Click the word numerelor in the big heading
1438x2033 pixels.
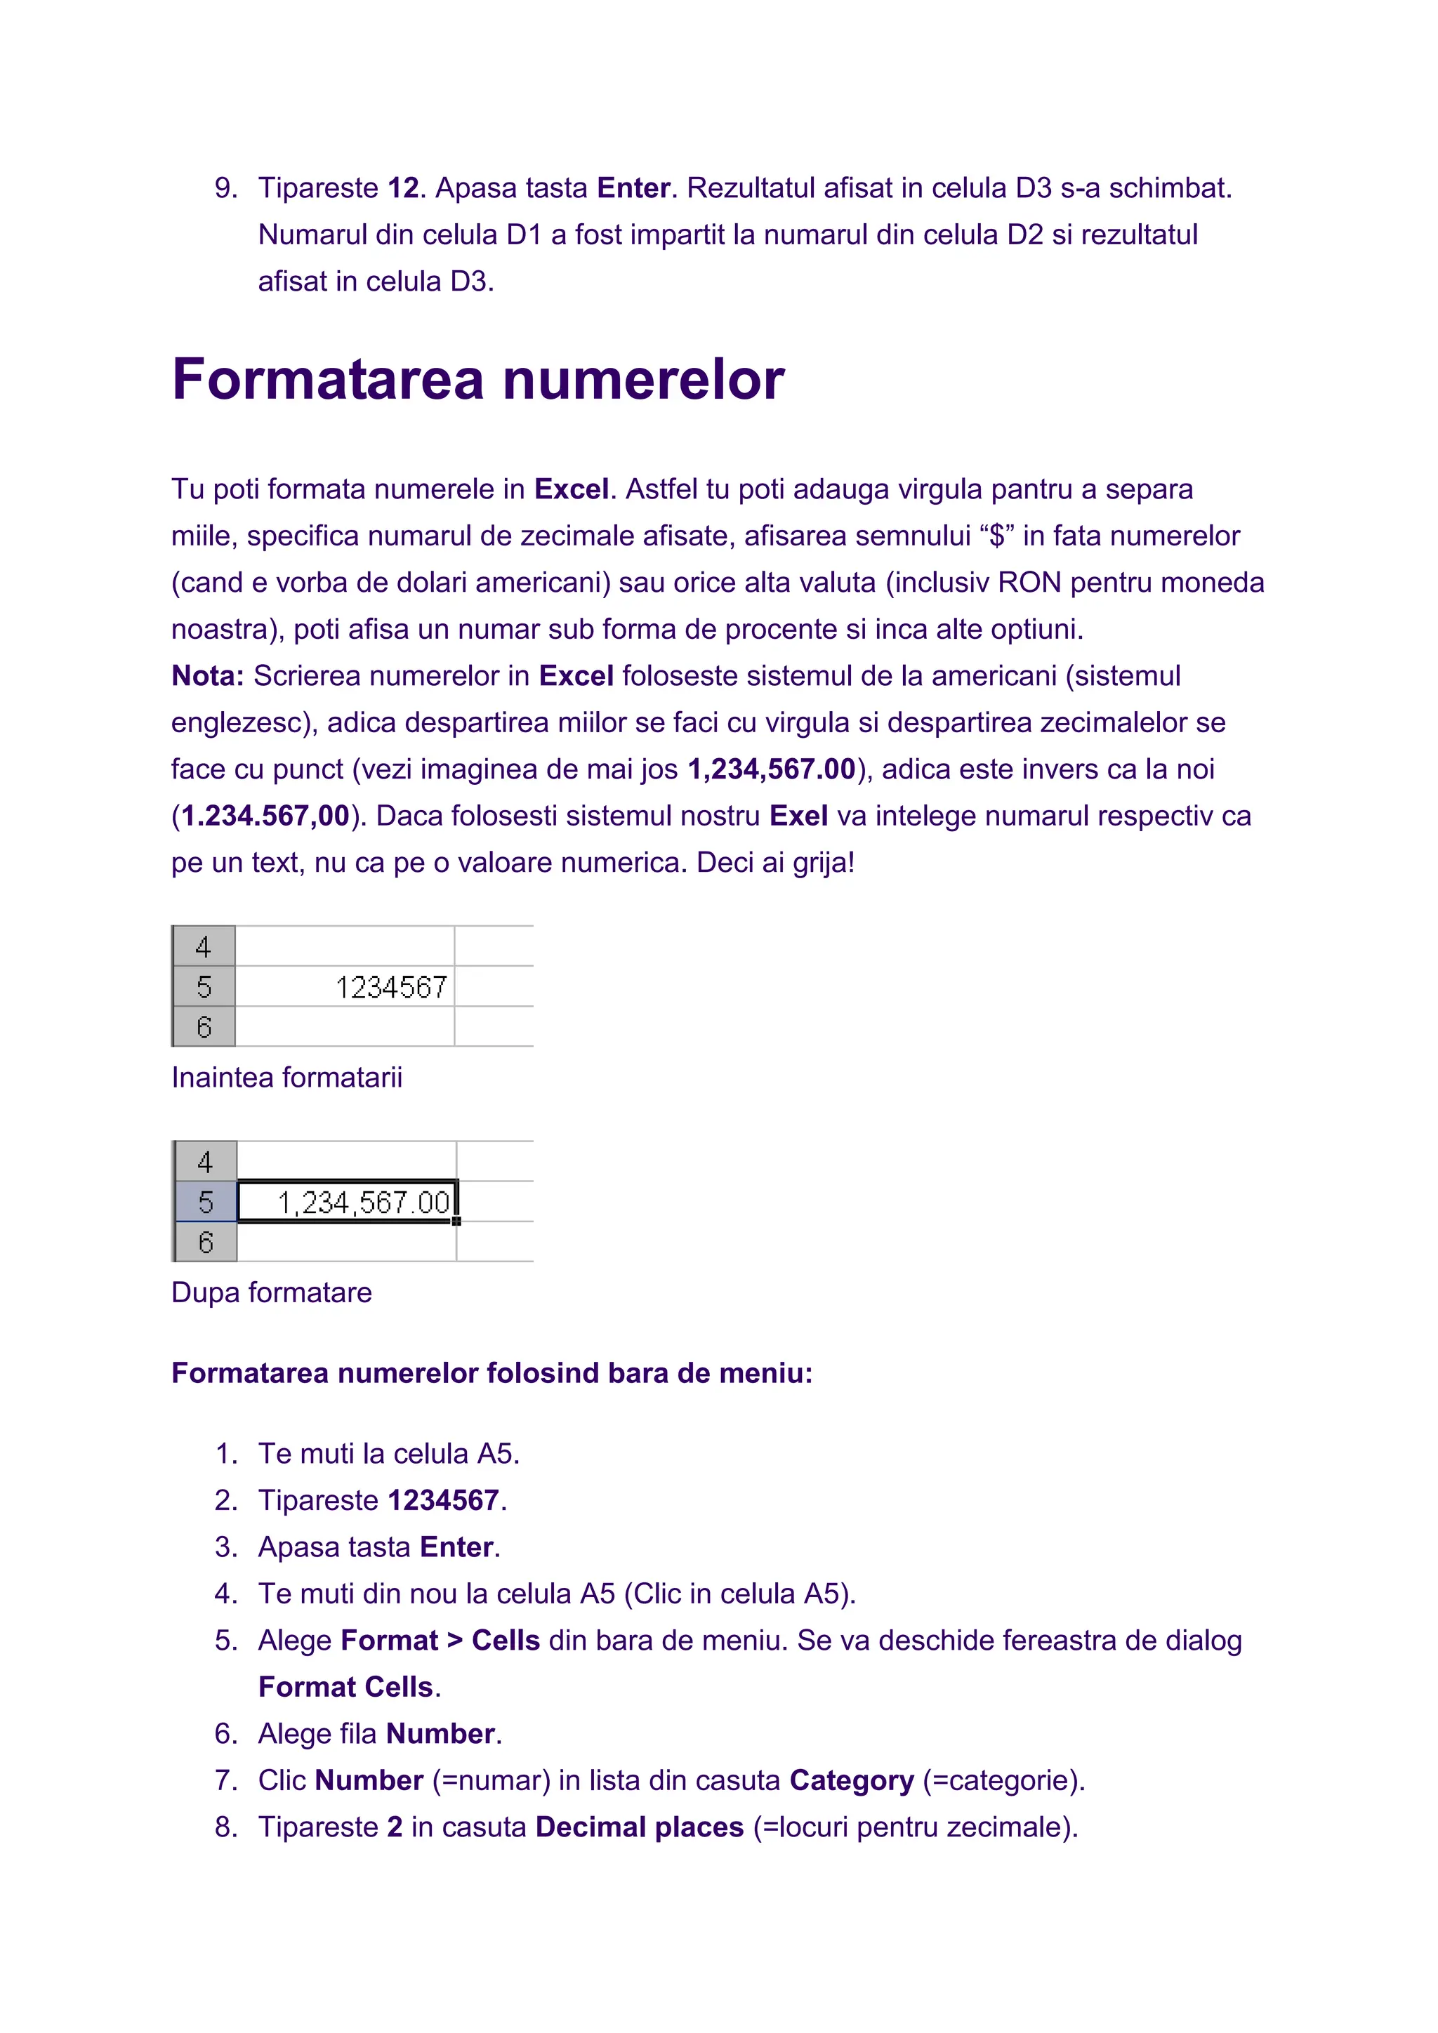[x=644, y=380]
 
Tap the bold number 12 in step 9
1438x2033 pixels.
[x=403, y=189]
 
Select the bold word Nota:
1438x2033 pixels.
[x=207, y=677]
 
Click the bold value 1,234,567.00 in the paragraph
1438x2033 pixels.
[x=771, y=769]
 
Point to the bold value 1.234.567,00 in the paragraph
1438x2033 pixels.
[x=265, y=816]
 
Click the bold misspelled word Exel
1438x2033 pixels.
[x=798, y=816]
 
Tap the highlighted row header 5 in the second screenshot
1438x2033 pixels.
[x=206, y=1202]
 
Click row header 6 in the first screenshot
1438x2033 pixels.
[x=204, y=1027]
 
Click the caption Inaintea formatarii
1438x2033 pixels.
[x=287, y=1078]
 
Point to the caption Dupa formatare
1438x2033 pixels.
[x=271, y=1293]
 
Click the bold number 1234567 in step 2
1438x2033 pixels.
[x=443, y=1501]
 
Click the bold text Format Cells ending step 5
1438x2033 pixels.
[x=345, y=1688]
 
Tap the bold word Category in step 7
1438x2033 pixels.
[x=851, y=1781]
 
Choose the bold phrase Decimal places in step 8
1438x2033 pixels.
[x=640, y=1827]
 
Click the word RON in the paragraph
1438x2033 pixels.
[x=1029, y=583]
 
